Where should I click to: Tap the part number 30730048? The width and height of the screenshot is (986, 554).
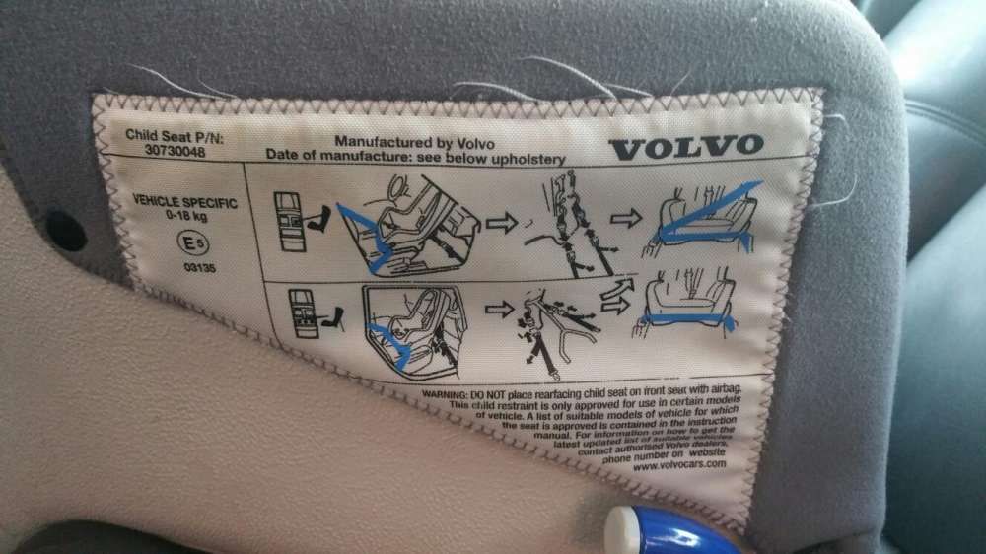coord(155,152)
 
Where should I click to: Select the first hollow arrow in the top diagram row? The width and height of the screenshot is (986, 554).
coord(501,223)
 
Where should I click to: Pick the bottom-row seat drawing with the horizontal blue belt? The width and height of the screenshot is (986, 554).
coord(687,303)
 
